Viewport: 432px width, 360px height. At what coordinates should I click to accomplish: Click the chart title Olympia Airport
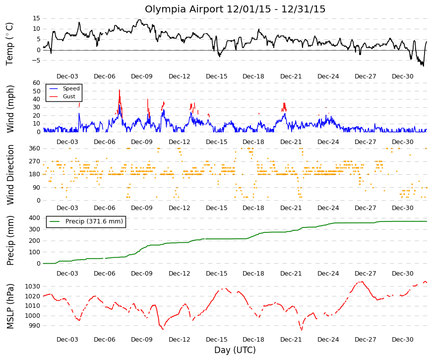(184, 9)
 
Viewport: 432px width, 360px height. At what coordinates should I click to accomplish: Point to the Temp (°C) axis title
(9, 44)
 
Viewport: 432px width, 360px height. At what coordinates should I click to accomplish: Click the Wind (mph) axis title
(10, 109)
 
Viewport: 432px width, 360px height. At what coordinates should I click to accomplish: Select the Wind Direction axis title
(10, 175)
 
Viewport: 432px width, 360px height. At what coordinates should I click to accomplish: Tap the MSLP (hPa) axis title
(10, 306)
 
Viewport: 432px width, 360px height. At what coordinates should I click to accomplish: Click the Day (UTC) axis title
(235, 350)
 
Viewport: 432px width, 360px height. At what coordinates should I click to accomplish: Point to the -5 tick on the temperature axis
(36, 61)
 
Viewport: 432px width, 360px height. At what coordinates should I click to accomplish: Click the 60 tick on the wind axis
(37, 83)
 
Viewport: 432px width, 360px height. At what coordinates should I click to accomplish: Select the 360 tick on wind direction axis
(35, 148)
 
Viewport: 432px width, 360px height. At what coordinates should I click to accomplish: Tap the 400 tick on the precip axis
(35, 218)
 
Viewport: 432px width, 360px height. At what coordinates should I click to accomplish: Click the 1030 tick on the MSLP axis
(33, 287)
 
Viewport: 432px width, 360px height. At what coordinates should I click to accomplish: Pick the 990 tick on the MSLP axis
(35, 326)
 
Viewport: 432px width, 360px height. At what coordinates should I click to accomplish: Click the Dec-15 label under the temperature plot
(217, 76)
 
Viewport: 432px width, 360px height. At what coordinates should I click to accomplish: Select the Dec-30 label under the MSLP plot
(403, 340)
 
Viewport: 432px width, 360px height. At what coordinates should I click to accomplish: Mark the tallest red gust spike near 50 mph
(120, 90)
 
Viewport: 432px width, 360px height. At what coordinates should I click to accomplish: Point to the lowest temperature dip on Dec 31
(423, 66)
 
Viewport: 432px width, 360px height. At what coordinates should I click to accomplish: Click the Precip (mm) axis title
(10, 240)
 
